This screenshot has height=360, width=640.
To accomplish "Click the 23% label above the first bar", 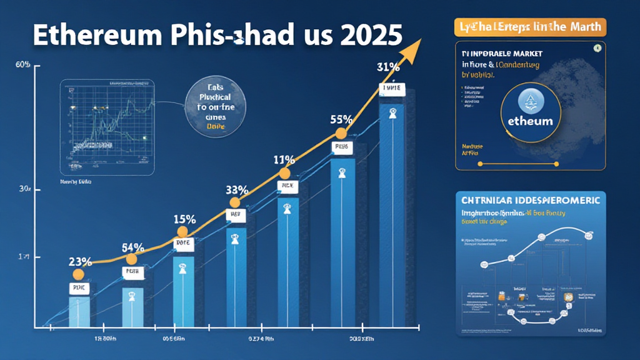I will tap(79, 262).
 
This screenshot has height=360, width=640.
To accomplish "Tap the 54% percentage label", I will tap(132, 247).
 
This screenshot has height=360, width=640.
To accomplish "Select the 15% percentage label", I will tap(184, 219).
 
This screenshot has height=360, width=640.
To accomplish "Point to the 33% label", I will tap(237, 190).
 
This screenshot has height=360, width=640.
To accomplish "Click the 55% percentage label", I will tap(342, 119).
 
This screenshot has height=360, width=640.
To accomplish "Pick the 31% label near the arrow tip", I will tap(388, 67).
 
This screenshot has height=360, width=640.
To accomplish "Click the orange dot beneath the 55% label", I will tap(341, 133).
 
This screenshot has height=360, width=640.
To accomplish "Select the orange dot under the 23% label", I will tap(78, 274).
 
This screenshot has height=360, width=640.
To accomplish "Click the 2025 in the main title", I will tap(369, 34).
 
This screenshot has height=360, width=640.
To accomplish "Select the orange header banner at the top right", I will tap(527, 26).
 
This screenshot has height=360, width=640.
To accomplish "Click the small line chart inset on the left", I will tap(106, 127).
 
